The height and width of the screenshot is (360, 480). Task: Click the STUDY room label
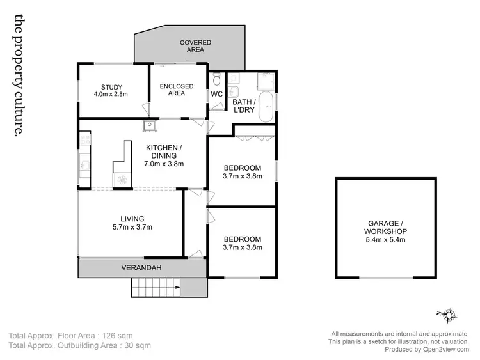point(111,87)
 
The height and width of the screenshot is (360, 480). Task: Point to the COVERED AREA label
point(195,46)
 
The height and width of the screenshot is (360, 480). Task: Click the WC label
point(216,95)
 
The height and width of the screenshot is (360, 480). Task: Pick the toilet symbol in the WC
point(216,80)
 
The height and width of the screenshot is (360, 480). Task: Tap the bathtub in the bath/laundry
point(269,104)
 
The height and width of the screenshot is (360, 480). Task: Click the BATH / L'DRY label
point(244,106)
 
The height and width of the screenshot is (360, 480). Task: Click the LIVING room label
point(132,219)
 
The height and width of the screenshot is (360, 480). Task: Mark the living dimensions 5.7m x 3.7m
point(132,227)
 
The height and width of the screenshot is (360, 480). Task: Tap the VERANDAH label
point(140,268)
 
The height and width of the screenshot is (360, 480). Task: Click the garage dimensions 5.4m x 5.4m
point(385,240)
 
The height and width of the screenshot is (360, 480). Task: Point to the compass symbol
point(447,314)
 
